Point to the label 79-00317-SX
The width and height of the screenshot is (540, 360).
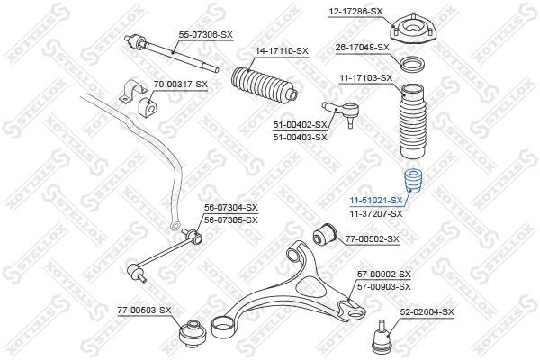pyautogui.click(x=180, y=84)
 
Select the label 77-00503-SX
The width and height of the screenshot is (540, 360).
pyautogui.click(x=145, y=310)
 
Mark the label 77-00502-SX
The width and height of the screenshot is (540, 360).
pyautogui.click(x=372, y=239)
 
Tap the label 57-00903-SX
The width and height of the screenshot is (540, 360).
pyautogui.click(x=383, y=285)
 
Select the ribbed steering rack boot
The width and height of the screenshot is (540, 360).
pyautogui.click(x=260, y=88)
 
